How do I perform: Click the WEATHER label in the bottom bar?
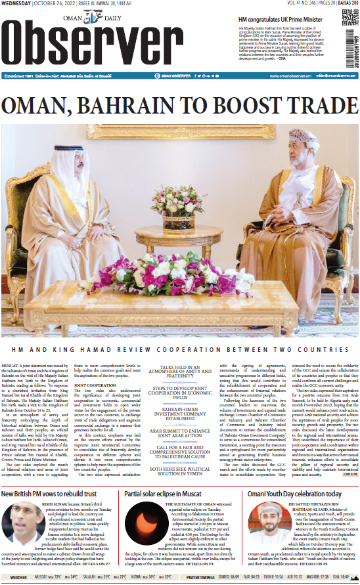pyautogui.click(x=18, y=578)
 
